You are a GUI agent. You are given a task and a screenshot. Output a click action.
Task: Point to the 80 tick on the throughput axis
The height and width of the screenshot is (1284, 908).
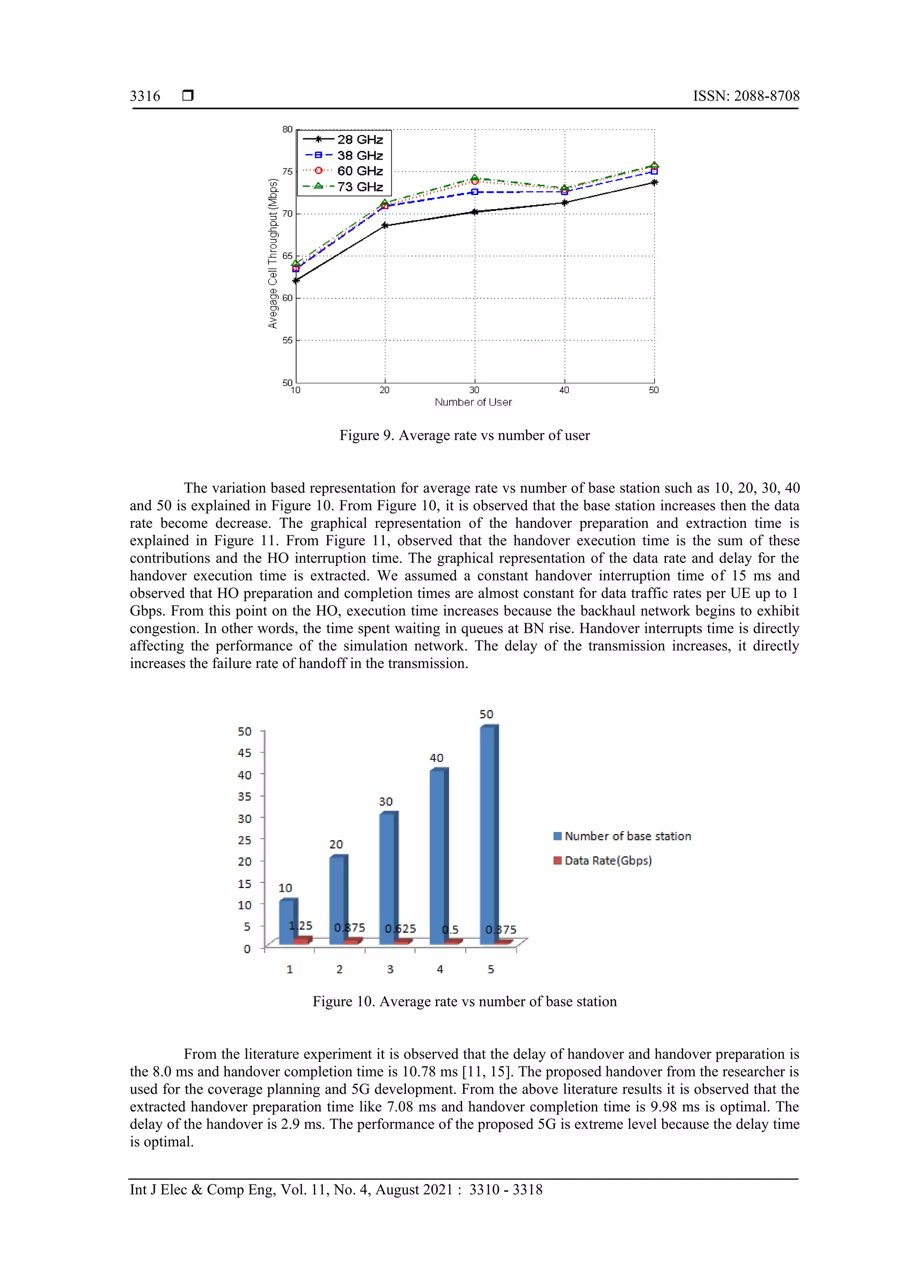287,129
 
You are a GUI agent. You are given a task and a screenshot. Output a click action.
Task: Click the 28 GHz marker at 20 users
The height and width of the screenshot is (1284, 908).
385,225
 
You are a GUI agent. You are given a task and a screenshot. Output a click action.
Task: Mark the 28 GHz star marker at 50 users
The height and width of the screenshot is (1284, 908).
654,182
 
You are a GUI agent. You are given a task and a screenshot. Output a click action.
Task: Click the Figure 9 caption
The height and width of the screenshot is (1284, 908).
464,435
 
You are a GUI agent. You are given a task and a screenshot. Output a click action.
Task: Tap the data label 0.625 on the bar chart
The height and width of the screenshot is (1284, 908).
400,929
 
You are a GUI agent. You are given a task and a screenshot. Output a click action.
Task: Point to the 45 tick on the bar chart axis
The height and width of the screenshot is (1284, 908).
244,753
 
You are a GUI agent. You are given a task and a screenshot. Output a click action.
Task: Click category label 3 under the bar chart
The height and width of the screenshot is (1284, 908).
390,969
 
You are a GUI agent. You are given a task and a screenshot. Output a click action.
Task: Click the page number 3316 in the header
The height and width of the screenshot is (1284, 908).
145,96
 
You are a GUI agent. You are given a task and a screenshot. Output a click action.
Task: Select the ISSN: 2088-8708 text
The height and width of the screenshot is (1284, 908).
746,96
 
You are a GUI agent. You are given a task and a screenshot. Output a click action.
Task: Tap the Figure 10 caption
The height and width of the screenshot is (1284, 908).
464,1002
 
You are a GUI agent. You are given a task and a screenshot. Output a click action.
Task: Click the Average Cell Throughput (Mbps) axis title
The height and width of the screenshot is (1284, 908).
273,254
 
